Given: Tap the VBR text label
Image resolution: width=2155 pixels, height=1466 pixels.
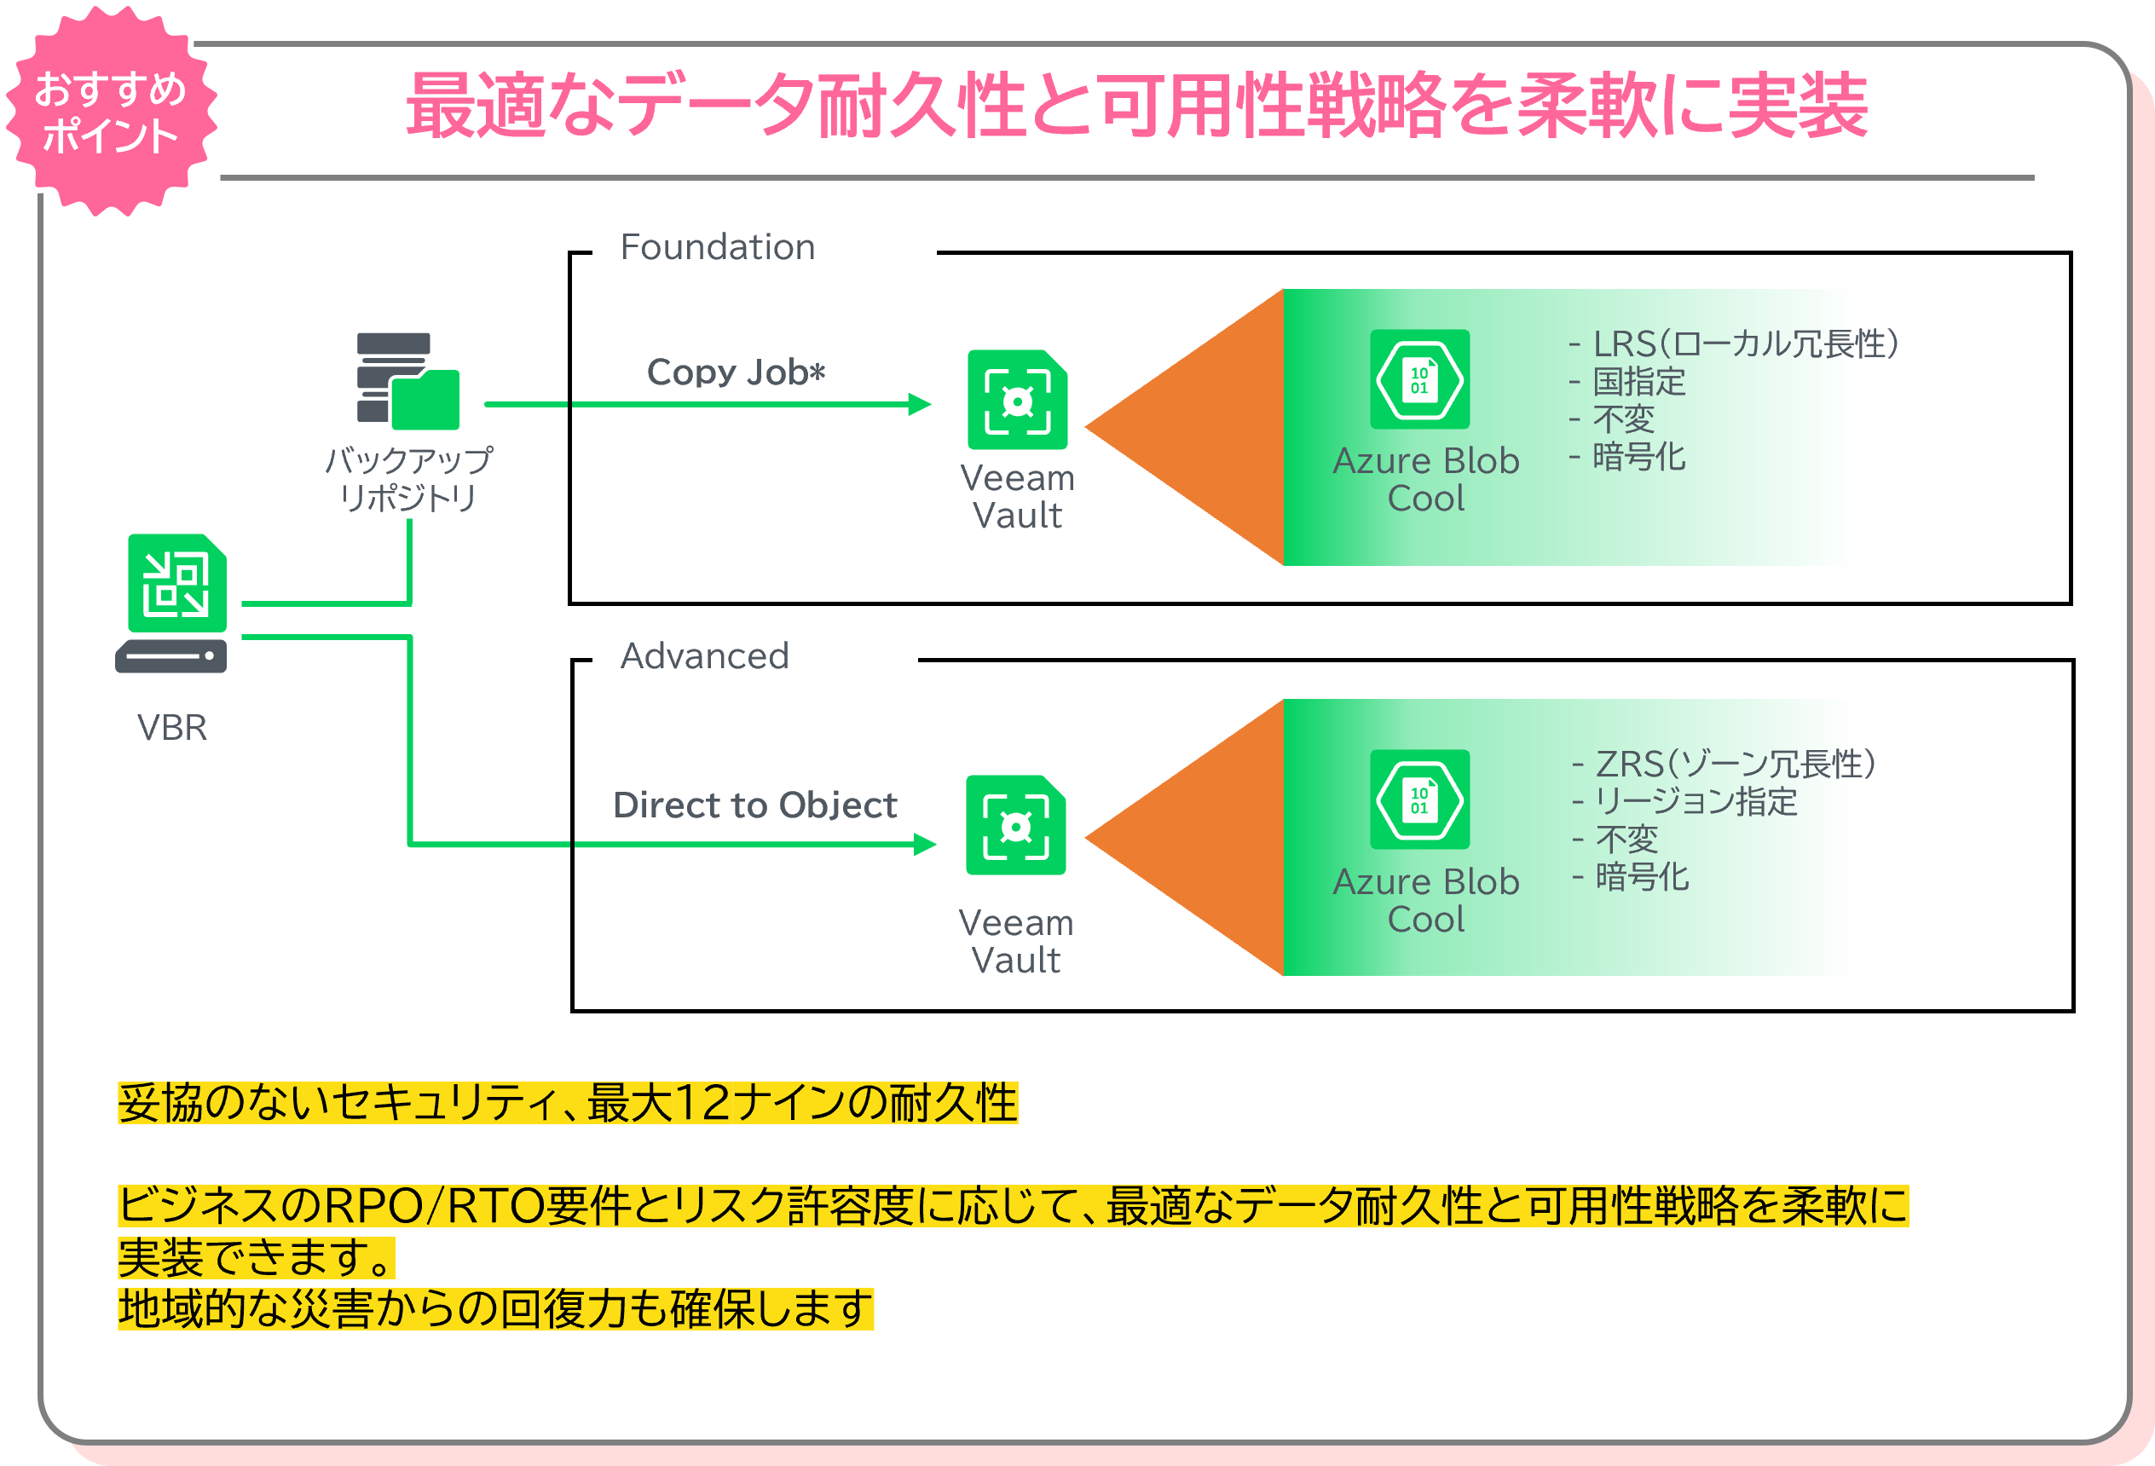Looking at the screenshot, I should tap(171, 728).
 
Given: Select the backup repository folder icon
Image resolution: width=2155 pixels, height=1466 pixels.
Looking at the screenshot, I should tap(408, 381).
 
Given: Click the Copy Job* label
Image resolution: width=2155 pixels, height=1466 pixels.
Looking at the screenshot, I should tap(736, 372).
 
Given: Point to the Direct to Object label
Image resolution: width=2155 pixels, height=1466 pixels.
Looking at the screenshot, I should tap(754, 805).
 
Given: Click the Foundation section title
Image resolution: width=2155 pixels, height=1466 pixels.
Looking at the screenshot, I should tap(718, 247).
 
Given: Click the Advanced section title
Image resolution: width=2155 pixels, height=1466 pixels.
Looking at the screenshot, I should tap(705, 656).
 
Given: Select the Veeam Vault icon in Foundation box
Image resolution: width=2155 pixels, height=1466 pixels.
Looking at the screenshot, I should tap(1017, 400).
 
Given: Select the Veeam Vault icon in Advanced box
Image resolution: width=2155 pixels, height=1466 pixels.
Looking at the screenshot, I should tap(1015, 825).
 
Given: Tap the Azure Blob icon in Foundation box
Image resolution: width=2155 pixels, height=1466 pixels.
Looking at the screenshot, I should tap(1419, 379).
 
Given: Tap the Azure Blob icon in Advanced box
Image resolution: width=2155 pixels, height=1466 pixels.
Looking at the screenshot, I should tap(1419, 799).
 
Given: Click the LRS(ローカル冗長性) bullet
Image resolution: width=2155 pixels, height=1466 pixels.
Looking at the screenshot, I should tap(1743, 344).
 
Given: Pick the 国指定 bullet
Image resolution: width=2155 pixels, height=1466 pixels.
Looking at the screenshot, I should tap(1638, 382).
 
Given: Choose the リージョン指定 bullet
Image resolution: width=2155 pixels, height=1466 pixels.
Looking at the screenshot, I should tap(1695, 802).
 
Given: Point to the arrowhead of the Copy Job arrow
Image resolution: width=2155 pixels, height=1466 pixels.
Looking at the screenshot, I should tap(920, 404).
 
